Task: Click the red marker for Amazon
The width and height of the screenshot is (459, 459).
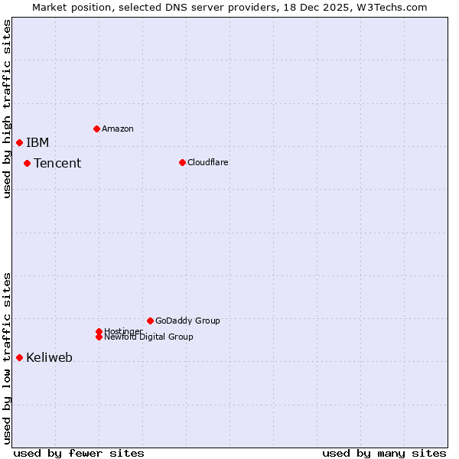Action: (96, 129)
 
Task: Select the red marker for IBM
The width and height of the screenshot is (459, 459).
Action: (19, 142)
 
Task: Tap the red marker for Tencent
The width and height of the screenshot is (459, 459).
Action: (27, 163)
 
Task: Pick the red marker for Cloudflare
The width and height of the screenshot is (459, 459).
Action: (182, 162)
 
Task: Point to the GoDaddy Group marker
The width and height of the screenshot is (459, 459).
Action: (150, 321)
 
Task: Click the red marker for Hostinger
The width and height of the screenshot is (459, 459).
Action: (99, 331)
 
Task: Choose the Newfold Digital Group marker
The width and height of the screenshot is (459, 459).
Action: (99, 337)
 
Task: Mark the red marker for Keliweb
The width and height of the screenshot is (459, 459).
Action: (19, 357)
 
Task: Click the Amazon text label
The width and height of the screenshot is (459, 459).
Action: (117, 129)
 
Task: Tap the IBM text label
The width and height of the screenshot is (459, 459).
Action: (37, 142)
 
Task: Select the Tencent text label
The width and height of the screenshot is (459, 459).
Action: (57, 163)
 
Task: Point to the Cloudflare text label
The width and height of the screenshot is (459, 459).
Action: (207, 162)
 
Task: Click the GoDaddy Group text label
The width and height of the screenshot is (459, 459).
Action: (187, 321)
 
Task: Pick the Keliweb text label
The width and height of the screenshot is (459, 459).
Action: (49, 357)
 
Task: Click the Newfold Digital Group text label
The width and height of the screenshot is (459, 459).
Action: (148, 337)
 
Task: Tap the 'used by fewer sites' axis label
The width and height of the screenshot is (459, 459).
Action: (79, 453)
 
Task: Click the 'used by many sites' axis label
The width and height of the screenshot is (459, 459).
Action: (384, 453)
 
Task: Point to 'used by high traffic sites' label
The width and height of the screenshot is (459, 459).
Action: (7, 109)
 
